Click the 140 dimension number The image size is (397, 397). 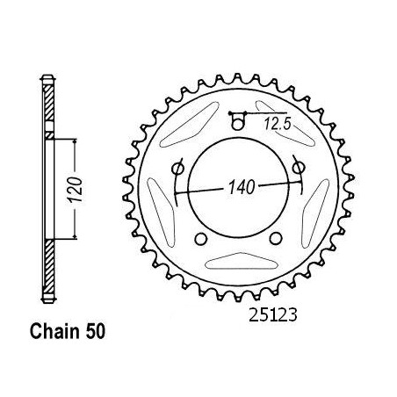coord(242,187)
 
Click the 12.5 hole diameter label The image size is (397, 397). coord(278,124)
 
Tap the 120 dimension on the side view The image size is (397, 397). coord(76,190)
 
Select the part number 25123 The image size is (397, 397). coord(273,315)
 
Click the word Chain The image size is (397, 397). coord(54,332)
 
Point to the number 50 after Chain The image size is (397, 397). coord(95,332)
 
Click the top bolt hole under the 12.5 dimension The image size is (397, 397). coord(237,124)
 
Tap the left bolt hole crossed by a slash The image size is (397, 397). coord(177,169)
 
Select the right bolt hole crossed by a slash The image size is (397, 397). coord(299,168)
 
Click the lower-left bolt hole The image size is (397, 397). coord(201,239)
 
